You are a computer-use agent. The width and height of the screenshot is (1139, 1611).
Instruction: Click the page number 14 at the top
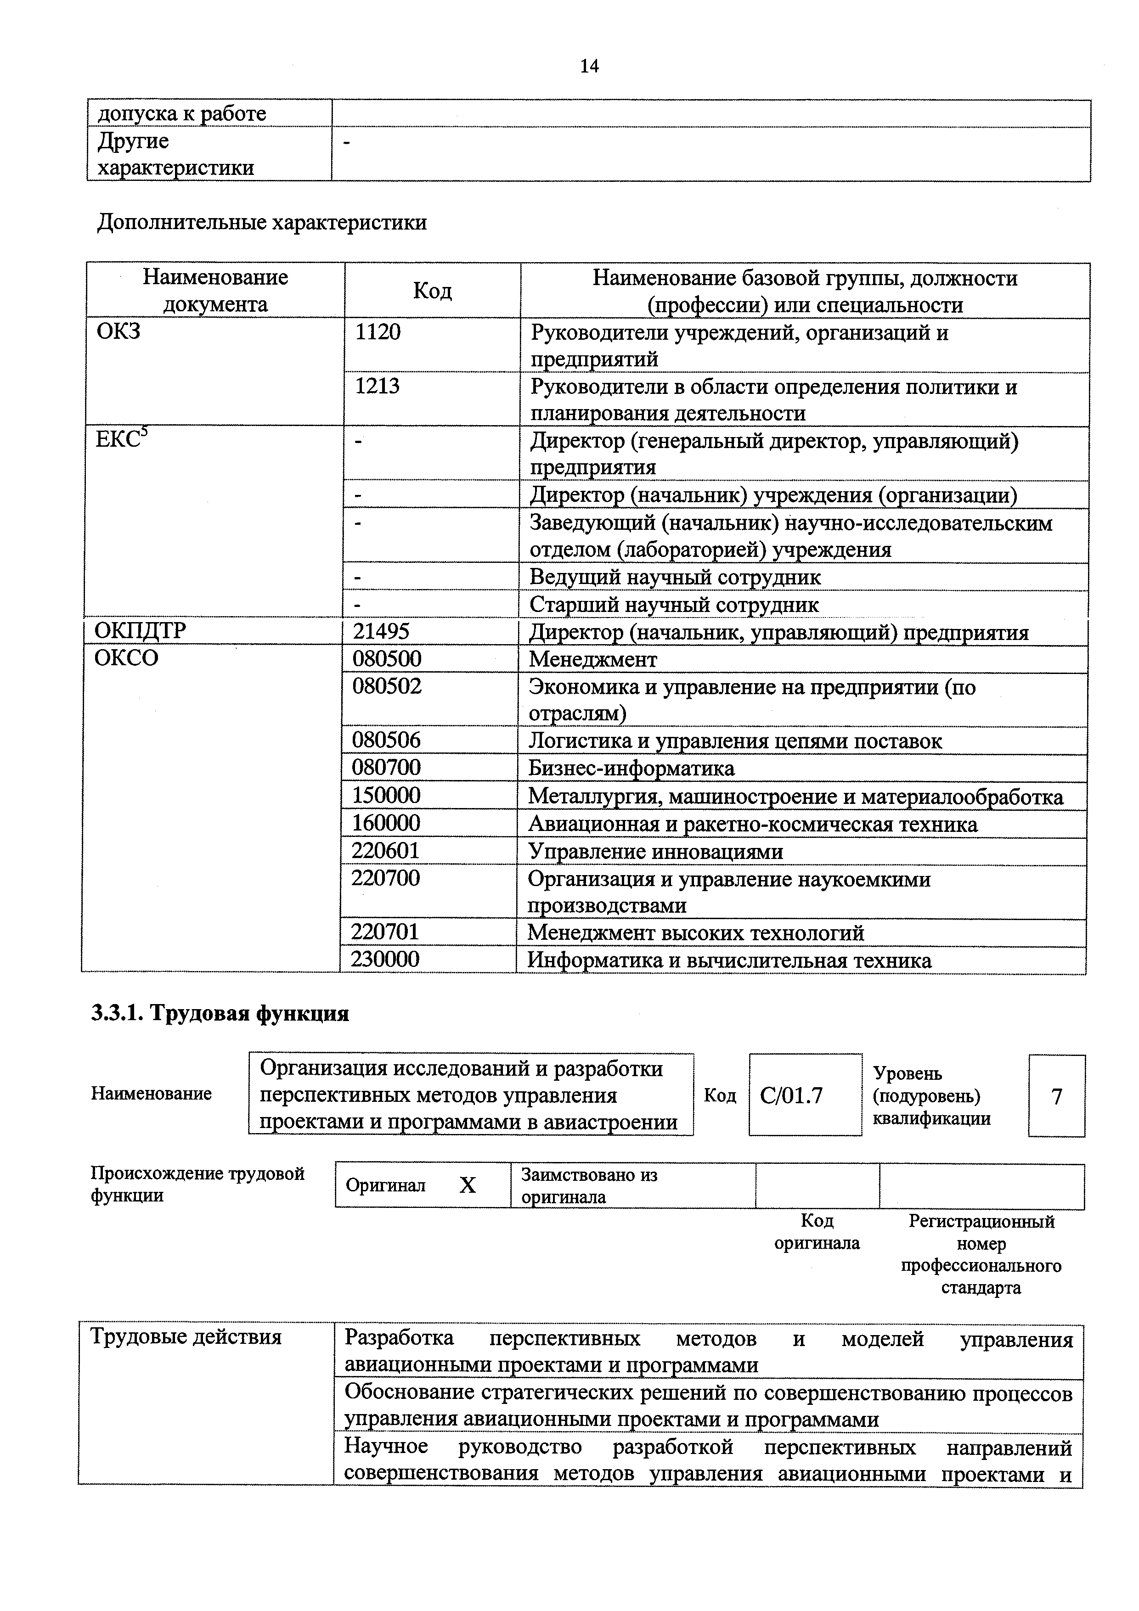(589, 66)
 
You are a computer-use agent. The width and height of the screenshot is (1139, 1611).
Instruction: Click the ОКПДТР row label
(141, 631)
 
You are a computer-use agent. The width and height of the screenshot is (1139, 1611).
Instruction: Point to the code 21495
(381, 631)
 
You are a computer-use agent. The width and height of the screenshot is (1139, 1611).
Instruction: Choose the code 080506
(387, 740)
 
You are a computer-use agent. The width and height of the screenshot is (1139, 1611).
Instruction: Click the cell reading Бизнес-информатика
(631, 768)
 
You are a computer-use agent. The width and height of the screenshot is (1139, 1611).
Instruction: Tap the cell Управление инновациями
(655, 851)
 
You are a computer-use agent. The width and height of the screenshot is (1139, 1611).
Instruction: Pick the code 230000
(385, 959)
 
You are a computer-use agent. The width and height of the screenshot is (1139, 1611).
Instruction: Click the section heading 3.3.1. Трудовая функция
(220, 1014)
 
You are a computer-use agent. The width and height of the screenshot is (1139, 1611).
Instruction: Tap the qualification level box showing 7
(1056, 1096)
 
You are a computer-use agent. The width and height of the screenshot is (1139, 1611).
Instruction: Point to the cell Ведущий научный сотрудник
(674, 577)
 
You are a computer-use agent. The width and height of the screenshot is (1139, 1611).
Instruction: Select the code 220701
(385, 932)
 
